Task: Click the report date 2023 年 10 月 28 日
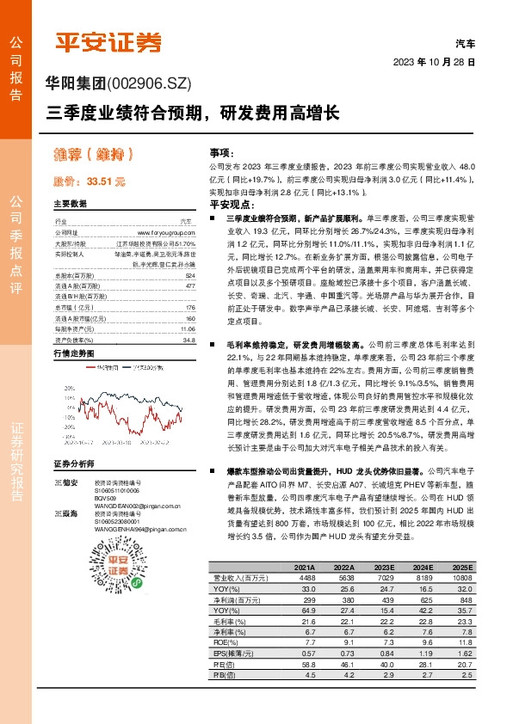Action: (434, 63)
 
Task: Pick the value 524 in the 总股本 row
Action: (190, 274)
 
